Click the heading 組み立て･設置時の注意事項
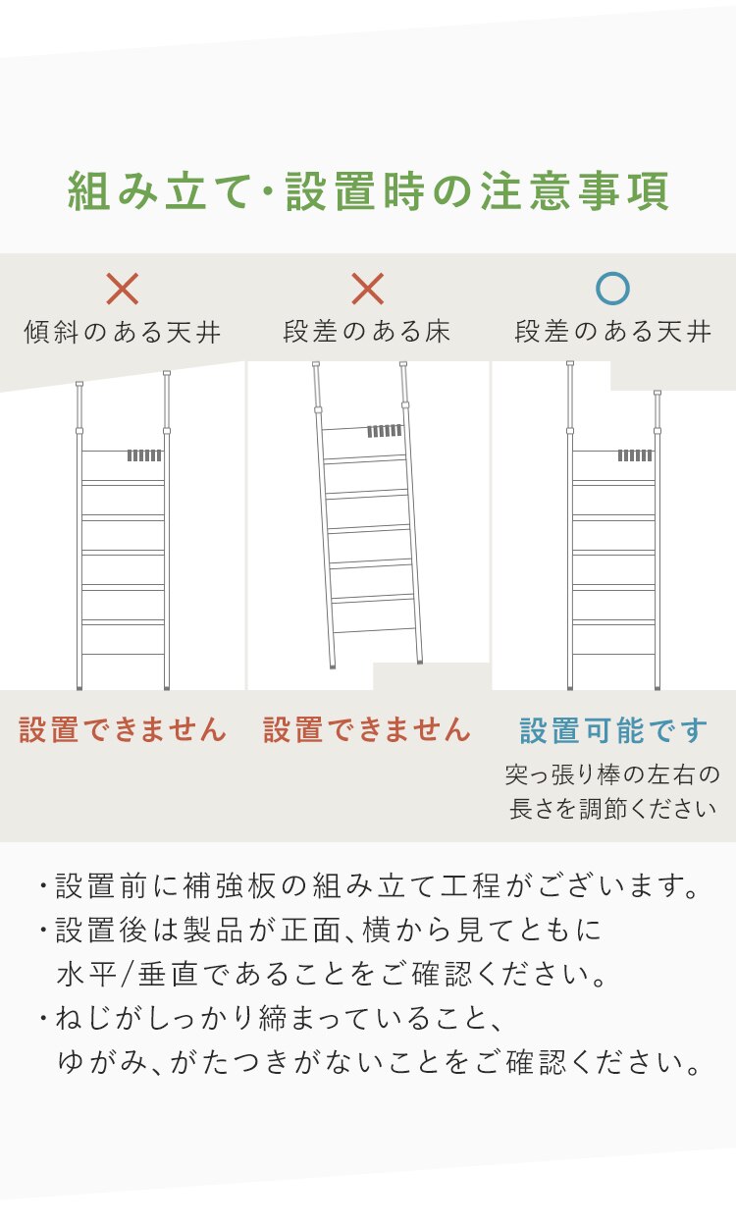(x=368, y=192)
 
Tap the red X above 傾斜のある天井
(x=123, y=289)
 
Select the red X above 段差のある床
(x=367, y=289)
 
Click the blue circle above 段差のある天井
(x=612, y=289)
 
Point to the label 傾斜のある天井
(x=123, y=333)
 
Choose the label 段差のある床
(x=367, y=333)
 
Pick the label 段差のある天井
(x=613, y=333)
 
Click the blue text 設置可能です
(x=613, y=731)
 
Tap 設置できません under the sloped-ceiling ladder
(x=123, y=730)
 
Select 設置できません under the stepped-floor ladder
(x=367, y=730)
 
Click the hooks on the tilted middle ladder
(x=385, y=432)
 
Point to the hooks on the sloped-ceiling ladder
(x=144, y=455)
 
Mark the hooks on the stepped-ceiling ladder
(x=635, y=455)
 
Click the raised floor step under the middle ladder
(x=432, y=676)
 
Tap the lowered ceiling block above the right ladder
(x=673, y=375)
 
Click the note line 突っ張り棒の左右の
(x=613, y=775)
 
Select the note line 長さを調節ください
(x=613, y=810)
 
